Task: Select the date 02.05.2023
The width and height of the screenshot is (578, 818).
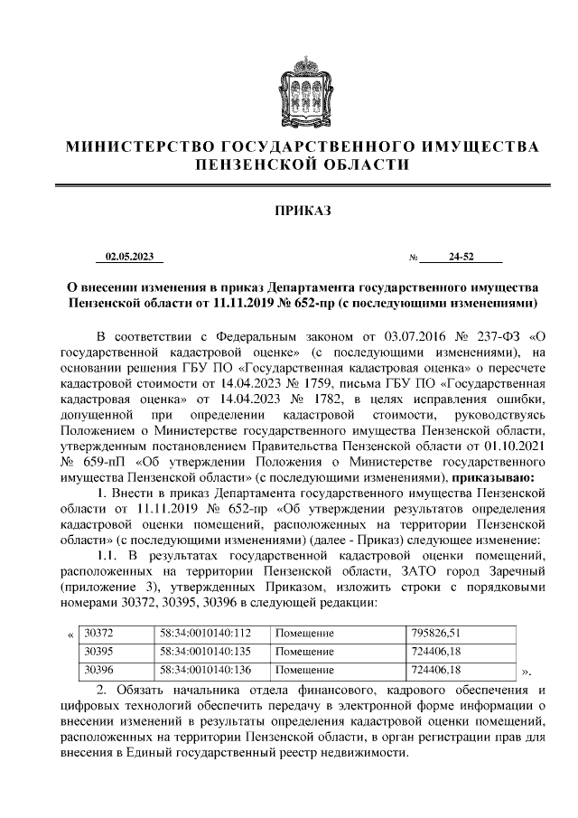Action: pyautogui.click(x=129, y=258)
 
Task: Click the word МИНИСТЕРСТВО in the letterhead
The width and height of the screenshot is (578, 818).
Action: pyautogui.click(x=141, y=146)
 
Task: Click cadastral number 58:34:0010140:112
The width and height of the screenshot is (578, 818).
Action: pyautogui.click(x=204, y=634)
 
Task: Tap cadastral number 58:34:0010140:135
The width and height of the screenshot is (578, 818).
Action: pyautogui.click(x=204, y=652)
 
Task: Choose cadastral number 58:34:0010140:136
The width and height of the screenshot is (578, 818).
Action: pyautogui.click(x=204, y=670)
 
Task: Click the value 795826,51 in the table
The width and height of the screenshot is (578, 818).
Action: pyautogui.click(x=435, y=634)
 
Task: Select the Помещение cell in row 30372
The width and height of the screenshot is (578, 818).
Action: pyautogui.click(x=304, y=634)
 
